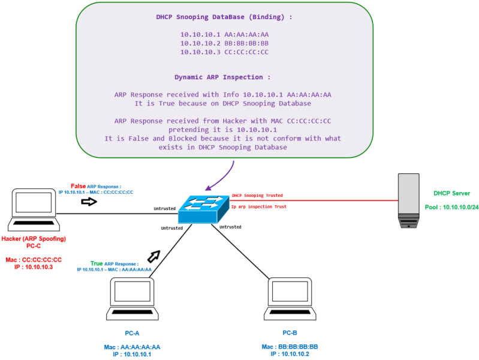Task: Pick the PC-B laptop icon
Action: (x=290, y=299)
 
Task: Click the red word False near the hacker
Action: (x=79, y=186)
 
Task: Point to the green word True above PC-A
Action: (x=97, y=263)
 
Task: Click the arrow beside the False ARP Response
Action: (x=89, y=202)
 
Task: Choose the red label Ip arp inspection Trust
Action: (x=259, y=206)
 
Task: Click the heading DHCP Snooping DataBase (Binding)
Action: (x=224, y=17)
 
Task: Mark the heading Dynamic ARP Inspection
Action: (x=222, y=77)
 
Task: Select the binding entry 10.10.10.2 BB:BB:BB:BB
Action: (x=224, y=43)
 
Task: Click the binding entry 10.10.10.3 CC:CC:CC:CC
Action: (x=224, y=52)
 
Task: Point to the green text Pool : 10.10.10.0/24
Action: (x=451, y=206)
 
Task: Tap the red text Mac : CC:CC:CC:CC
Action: (x=34, y=259)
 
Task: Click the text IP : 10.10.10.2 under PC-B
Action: (x=290, y=354)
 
